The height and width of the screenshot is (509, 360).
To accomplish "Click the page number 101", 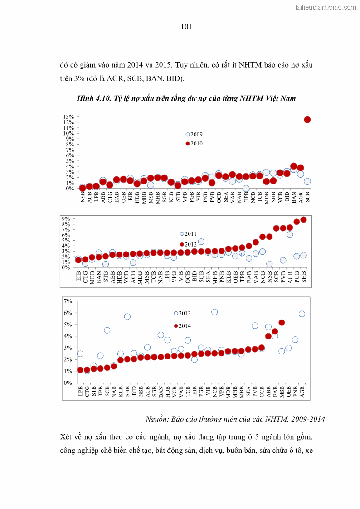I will pos(186,27).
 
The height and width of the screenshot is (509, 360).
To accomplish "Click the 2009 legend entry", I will pos(194,135).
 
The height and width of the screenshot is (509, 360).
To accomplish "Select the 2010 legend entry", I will pos(194,144).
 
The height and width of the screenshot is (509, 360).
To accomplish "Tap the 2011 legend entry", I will pos(189,234).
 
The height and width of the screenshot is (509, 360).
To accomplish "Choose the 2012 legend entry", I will pos(189,244).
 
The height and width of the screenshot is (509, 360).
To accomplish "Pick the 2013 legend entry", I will pos(183,313).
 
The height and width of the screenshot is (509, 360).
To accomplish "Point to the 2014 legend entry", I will pos(183,326).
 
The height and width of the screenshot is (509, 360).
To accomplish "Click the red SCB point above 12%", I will pos(307,120).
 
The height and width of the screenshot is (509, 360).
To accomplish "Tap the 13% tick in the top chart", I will pos(69,117).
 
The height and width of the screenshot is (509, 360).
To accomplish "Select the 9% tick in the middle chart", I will pos(66,218).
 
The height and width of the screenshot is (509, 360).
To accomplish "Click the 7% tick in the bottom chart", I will pos(68,301).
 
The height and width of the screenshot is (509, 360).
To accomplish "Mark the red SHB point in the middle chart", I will pos(303,220).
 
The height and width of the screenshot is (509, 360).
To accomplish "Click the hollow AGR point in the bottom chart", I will pos(302,314).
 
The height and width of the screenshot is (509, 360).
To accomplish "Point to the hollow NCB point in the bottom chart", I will pos(214,312).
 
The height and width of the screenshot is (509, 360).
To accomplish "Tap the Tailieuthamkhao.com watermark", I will pos(325,7).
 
